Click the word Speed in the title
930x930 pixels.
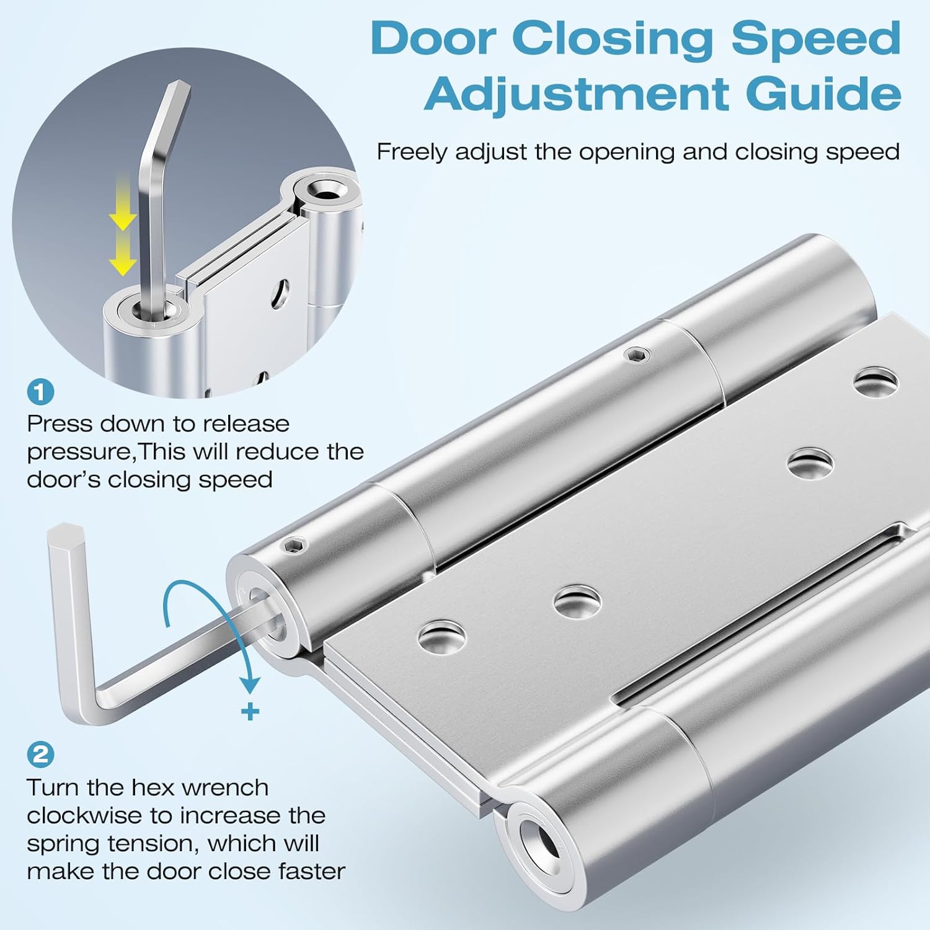[x=816, y=38]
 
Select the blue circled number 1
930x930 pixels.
[x=41, y=392]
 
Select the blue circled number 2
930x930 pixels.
[x=41, y=755]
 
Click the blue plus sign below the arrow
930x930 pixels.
[x=250, y=711]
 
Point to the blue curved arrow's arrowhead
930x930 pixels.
[x=250, y=684]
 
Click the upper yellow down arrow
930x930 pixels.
[x=123, y=218]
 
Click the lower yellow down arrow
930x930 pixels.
[x=123, y=262]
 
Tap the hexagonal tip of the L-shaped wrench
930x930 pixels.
[x=64, y=533]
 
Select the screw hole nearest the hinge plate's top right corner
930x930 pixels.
[x=875, y=379]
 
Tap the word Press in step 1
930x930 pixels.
[x=60, y=424]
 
